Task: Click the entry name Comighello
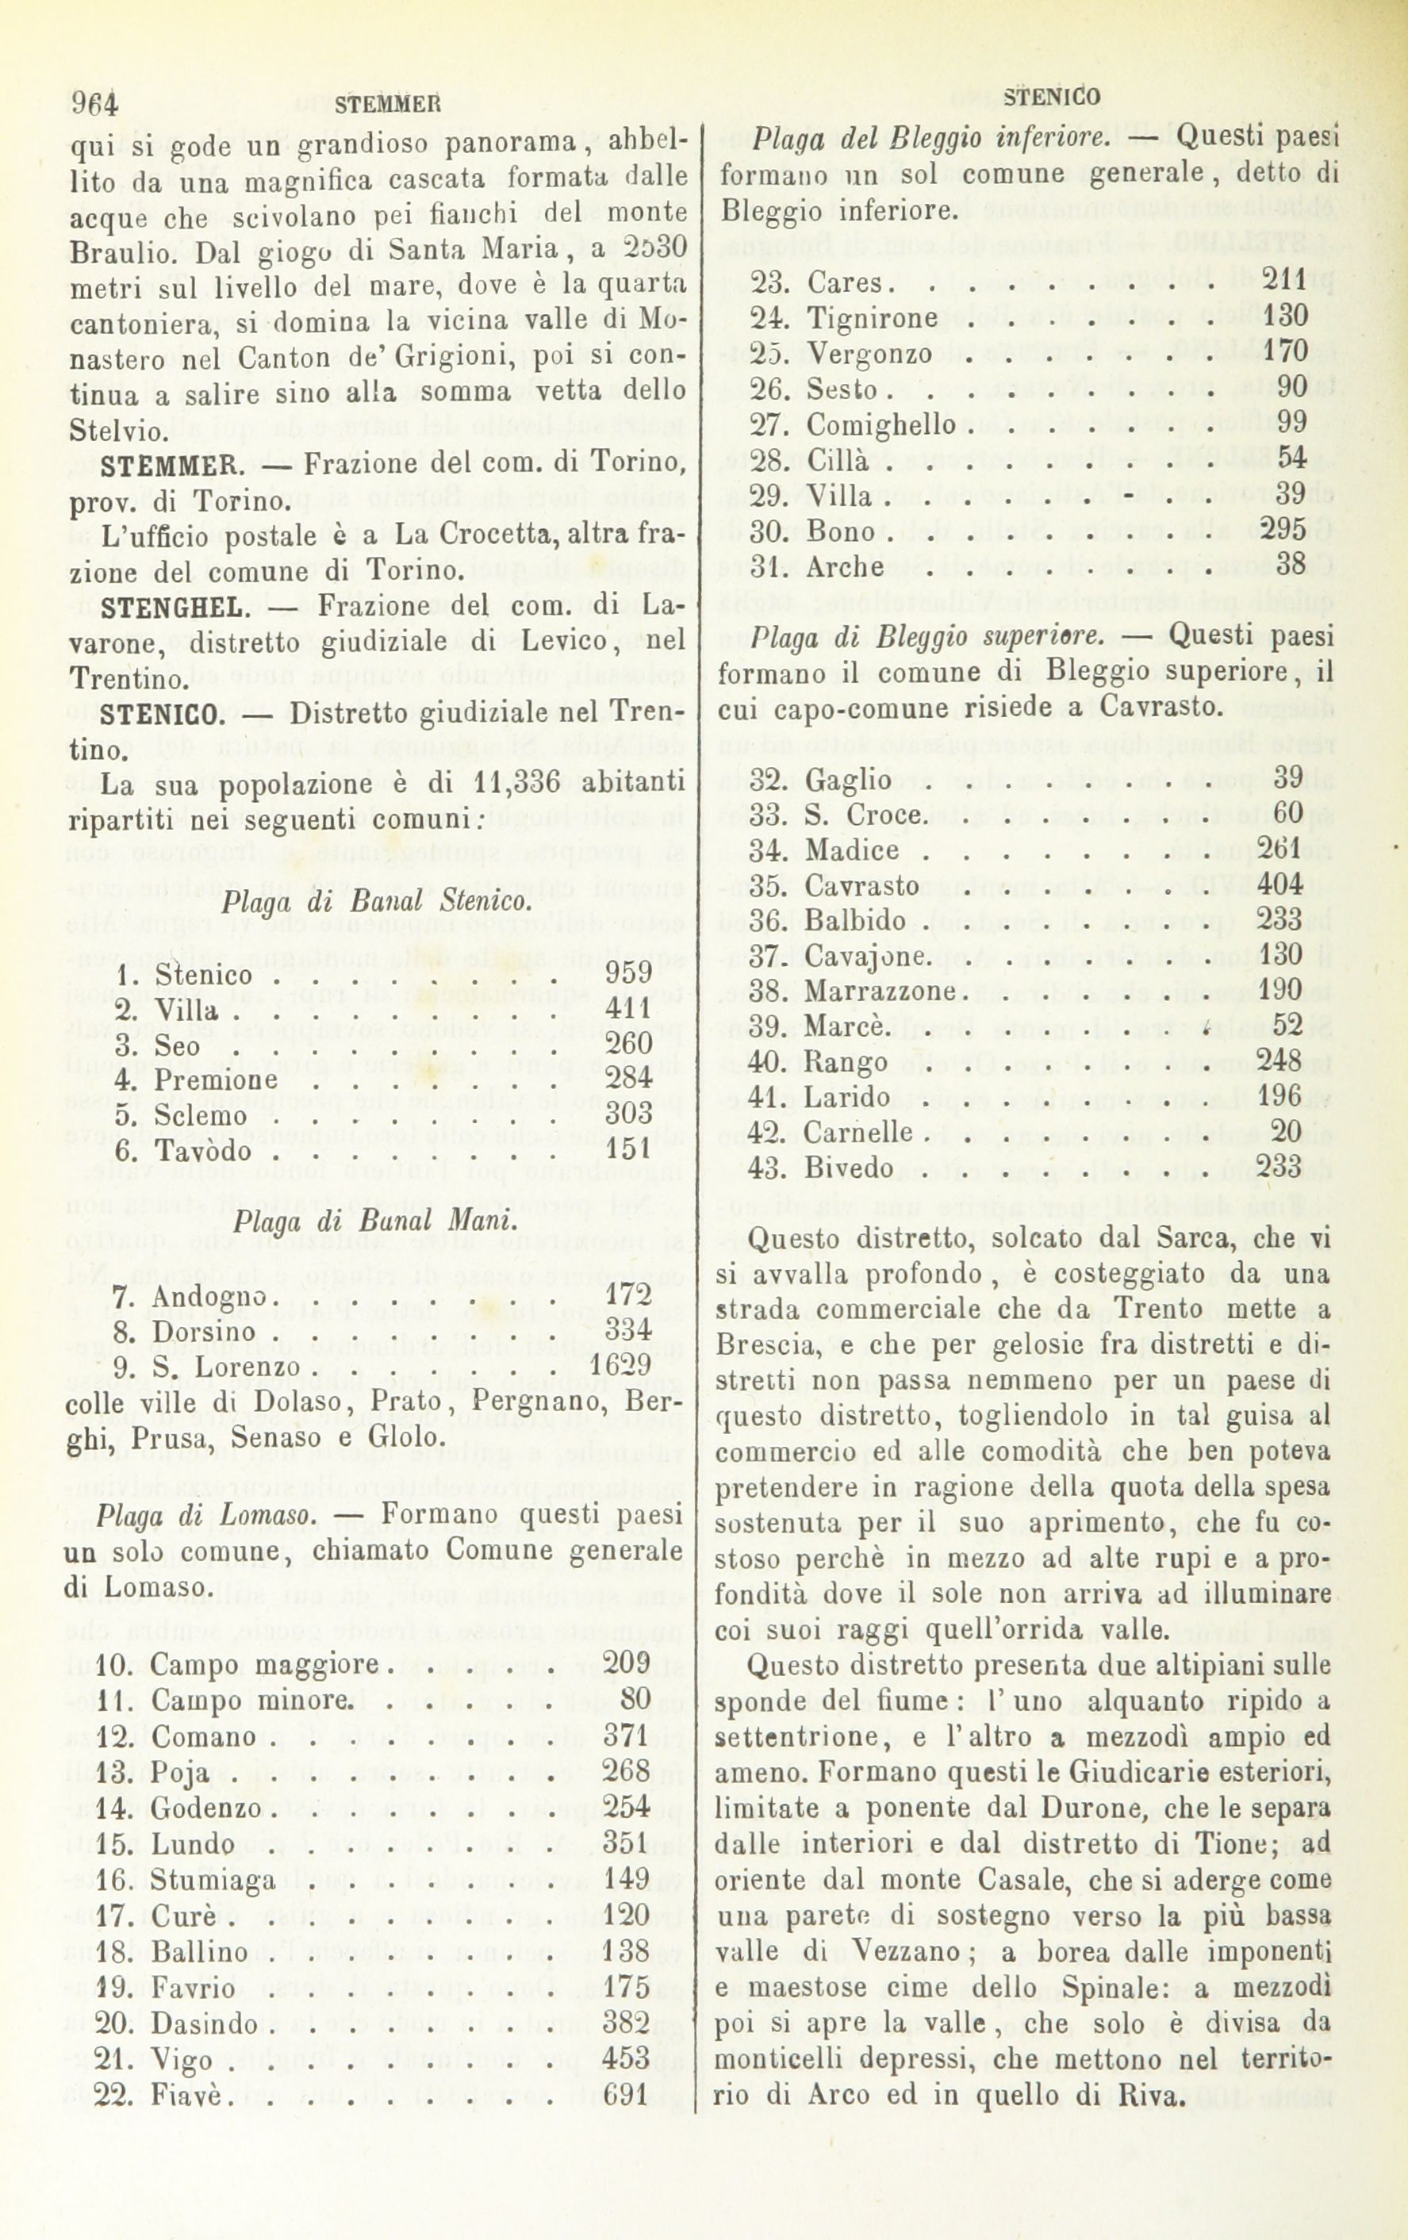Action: (880, 425)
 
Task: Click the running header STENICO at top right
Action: (1053, 97)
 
